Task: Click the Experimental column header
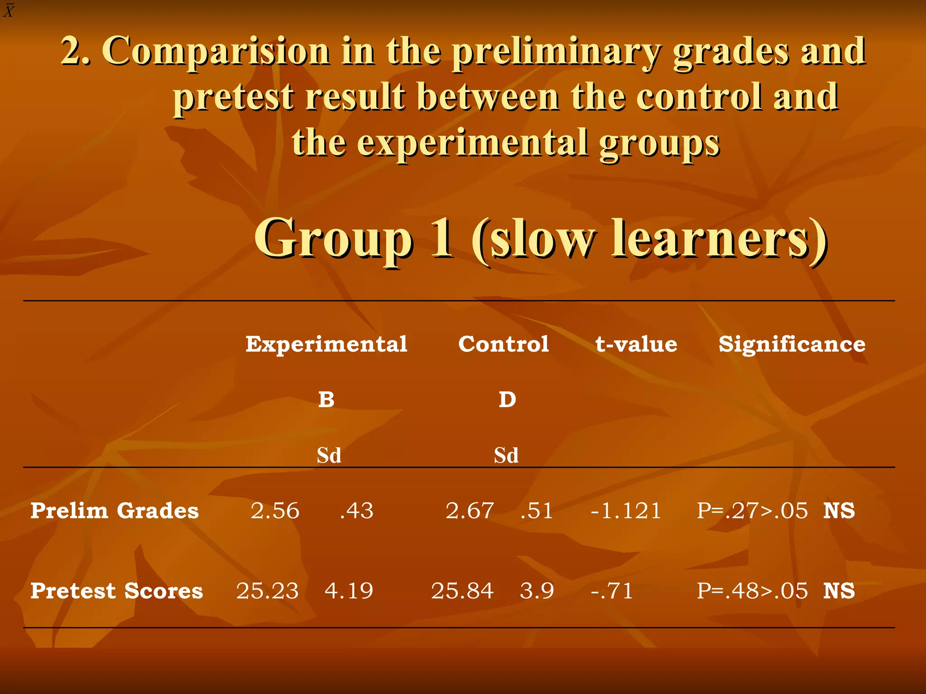tap(326, 344)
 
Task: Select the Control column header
tap(503, 344)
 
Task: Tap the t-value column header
tap(636, 344)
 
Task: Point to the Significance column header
tap(792, 344)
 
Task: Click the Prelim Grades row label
tap(114, 511)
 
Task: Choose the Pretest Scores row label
tap(117, 591)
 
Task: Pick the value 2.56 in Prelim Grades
tap(275, 511)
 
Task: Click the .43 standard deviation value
tap(357, 511)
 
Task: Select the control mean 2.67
tap(469, 511)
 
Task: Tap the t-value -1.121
tap(626, 511)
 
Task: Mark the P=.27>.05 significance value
tap(752, 511)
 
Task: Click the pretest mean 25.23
tap(267, 591)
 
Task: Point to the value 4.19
tap(349, 591)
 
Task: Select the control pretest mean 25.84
tap(462, 591)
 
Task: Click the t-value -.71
tap(612, 591)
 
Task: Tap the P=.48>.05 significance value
tap(752, 591)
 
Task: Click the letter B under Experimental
tap(326, 399)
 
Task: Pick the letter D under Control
tap(507, 399)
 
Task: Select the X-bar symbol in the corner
tap(9, 10)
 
